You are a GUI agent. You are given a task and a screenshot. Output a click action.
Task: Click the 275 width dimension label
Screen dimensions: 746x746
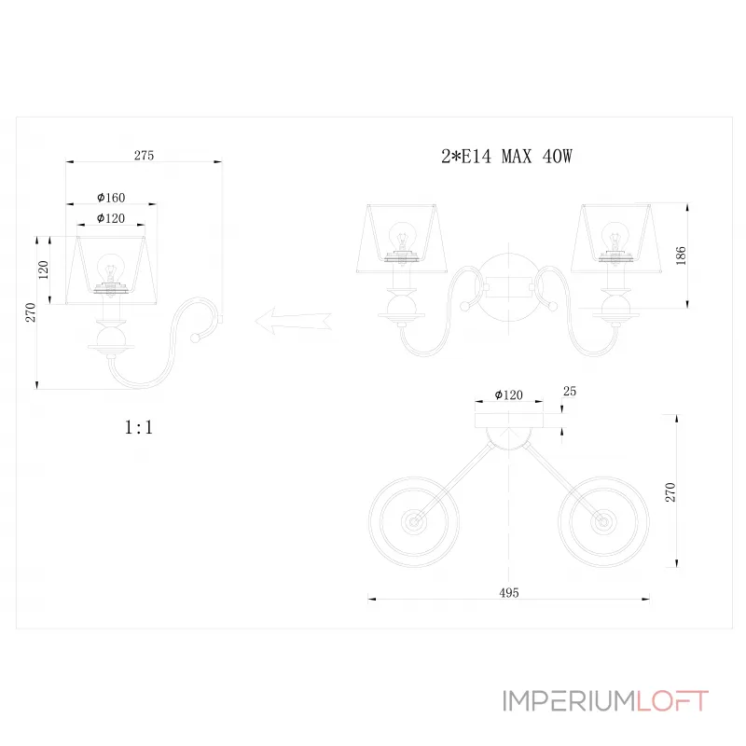click(x=144, y=156)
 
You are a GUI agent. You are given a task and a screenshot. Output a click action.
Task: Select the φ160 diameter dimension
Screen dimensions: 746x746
click(x=111, y=198)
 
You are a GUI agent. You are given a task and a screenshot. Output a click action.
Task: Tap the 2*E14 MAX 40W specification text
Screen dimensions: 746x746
click(x=505, y=157)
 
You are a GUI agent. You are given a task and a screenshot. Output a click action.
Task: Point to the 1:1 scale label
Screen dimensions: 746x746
click(x=139, y=428)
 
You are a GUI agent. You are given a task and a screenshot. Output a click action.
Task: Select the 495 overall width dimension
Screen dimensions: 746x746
click(x=508, y=592)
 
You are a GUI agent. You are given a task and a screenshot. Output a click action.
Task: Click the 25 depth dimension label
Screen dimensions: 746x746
click(x=571, y=393)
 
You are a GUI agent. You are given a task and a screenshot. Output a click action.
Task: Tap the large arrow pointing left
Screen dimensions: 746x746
click(x=292, y=320)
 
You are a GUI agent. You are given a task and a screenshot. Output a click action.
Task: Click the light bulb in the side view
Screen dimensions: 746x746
click(x=111, y=269)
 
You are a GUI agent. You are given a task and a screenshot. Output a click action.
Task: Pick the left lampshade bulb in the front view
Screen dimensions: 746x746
click(x=402, y=235)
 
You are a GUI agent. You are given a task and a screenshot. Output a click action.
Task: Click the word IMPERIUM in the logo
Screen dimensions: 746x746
click(x=568, y=701)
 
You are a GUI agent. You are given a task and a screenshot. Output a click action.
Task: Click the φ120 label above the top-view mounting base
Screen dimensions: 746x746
click(x=507, y=395)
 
